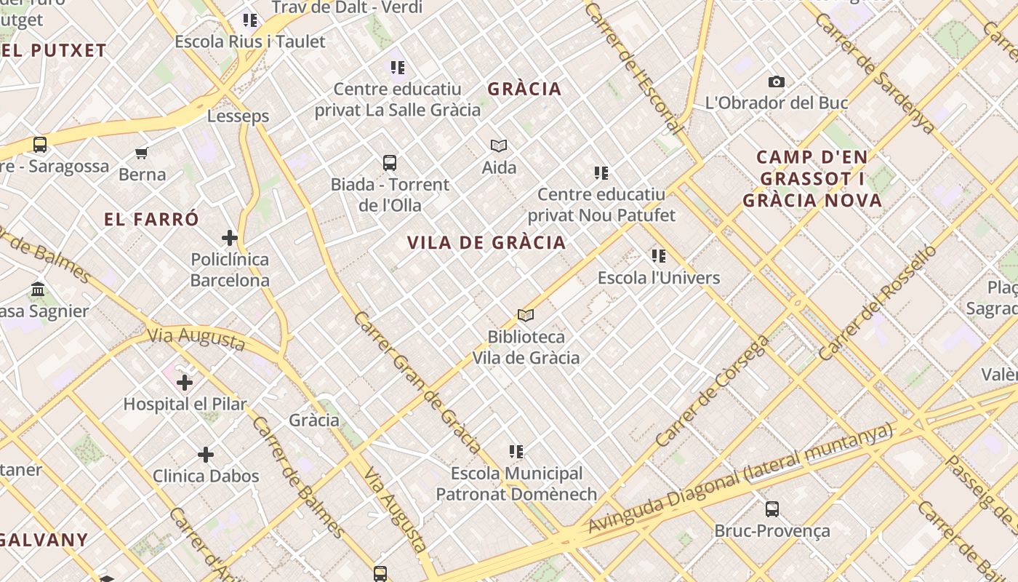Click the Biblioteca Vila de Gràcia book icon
point(526,315)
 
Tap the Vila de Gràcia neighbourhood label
point(486,243)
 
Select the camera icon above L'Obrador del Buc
point(777,82)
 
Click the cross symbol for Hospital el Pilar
point(185,382)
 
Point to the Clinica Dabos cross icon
point(206,455)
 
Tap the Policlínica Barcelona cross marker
point(230,238)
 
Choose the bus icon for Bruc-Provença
point(772,509)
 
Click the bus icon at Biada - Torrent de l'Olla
point(390,163)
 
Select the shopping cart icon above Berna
point(142,153)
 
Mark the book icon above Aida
point(499,146)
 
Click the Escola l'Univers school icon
point(659,256)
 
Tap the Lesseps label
point(238,116)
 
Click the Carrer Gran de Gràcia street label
point(417,383)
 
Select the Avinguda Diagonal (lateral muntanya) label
point(740,479)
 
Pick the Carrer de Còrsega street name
point(712,391)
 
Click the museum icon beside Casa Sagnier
point(39,290)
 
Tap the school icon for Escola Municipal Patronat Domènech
point(516,452)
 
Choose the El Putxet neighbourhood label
point(54,51)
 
